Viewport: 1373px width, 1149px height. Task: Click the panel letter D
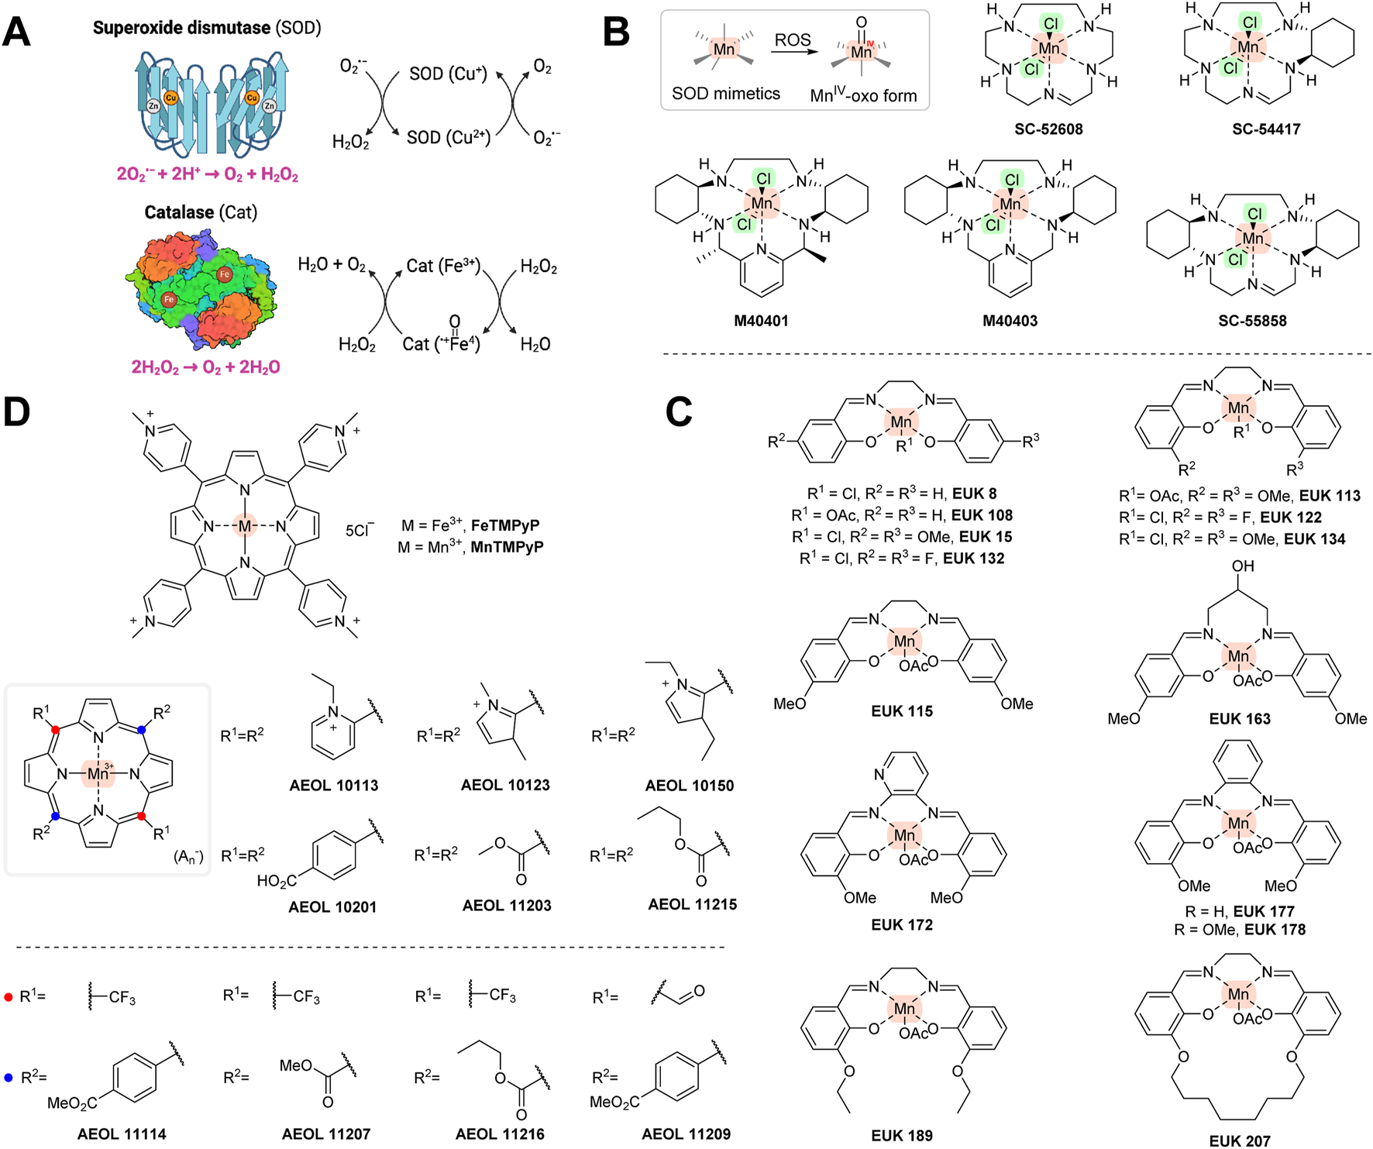click(17, 412)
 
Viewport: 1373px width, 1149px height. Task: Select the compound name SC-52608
click(1048, 129)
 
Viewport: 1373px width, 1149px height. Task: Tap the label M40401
click(761, 321)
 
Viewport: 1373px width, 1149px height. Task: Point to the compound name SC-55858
click(1252, 321)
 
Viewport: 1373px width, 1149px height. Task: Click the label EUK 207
click(1240, 1140)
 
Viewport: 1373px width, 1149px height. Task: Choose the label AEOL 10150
click(689, 785)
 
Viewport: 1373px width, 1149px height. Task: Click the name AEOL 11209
click(686, 1134)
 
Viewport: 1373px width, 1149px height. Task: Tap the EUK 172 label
click(902, 924)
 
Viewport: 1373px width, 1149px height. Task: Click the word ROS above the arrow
click(793, 40)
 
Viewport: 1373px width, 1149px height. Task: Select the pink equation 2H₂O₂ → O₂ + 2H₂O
click(205, 366)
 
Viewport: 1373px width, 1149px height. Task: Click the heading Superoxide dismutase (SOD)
click(207, 28)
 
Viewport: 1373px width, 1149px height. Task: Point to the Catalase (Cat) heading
click(201, 212)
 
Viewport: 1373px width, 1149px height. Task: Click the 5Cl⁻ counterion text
click(360, 531)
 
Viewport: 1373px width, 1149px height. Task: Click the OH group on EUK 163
click(1242, 566)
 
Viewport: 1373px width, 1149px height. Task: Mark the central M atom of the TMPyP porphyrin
click(245, 526)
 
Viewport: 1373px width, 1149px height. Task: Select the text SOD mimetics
click(725, 94)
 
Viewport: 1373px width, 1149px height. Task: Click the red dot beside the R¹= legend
click(9, 997)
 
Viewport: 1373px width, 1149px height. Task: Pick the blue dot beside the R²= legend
click(9, 1078)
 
